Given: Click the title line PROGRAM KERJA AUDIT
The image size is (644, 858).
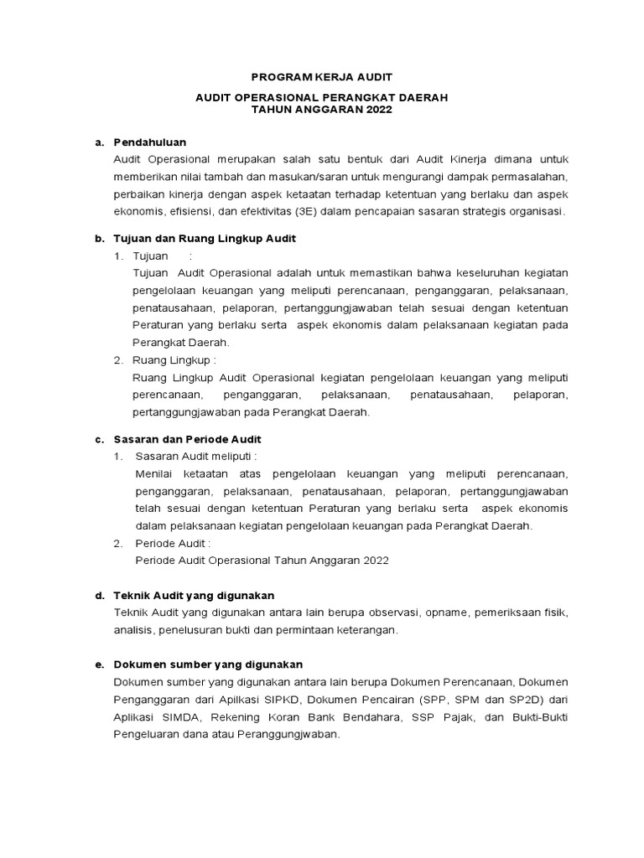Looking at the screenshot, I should pyautogui.click(x=322, y=76).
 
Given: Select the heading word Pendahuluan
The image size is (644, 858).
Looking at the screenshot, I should pyautogui.click(x=150, y=142).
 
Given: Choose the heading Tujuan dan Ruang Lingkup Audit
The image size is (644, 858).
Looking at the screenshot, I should pyautogui.click(x=205, y=239).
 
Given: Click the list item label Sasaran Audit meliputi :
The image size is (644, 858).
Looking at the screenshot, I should pyautogui.click(x=195, y=457).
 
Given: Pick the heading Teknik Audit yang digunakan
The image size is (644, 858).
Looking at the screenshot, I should pyautogui.click(x=194, y=595).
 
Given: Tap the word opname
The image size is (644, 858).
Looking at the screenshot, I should pyautogui.click(x=439, y=612).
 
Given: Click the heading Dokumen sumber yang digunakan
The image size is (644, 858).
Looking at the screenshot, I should pyautogui.click(x=208, y=664).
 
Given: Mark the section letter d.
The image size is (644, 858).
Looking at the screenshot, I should pyautogui.click(x=99, y=595).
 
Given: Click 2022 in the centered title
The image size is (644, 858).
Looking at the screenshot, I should pyautogui.click(x=377, y=110).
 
